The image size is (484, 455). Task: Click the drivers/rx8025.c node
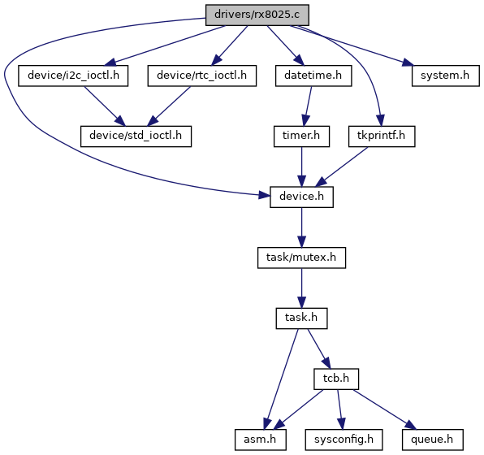coord(257,15)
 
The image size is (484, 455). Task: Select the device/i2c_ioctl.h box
coord(73,76)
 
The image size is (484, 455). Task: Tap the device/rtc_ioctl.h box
coord(202,76)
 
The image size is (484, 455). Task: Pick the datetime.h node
coord(313,76)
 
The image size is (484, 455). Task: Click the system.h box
coord(445,76)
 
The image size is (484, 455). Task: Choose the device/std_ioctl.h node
coord(136,136)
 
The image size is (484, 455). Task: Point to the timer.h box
coord(301,136)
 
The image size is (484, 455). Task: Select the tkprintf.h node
coord(382,136)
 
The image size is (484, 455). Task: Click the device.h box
coord(301,197)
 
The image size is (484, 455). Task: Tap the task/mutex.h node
coord(301,258)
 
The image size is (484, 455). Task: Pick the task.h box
coord(301,318)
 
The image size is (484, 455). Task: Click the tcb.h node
coord(336,379)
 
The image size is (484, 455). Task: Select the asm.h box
coord(260,440)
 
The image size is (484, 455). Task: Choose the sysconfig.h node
coord(344,440)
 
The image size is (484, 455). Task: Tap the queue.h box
coord(433,440)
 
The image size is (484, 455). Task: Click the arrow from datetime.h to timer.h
coord(308,106)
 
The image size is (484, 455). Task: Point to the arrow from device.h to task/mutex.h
coord(301,227)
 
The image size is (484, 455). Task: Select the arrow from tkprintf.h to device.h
coord(341,167)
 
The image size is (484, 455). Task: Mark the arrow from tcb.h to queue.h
coord(385,409)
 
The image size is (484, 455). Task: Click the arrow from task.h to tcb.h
coord(319,349)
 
